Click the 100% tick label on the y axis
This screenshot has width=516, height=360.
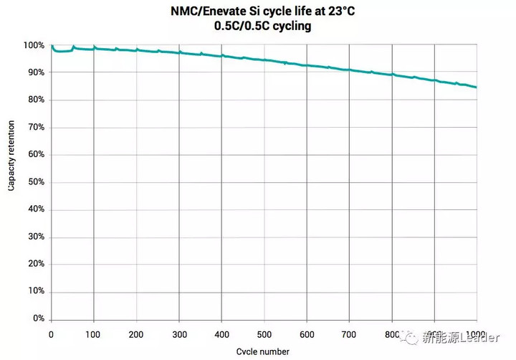point(34,46)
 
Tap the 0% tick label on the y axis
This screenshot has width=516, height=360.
point(38,318)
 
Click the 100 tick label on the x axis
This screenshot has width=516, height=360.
point(93,334)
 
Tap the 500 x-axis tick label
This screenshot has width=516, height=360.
point(264,334)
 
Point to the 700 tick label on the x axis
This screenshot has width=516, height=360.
point(349,334)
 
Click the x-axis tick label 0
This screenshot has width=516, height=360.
point(51,334)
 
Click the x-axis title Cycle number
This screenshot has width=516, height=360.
point(262,351)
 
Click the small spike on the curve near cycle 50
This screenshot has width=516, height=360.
point(73,47)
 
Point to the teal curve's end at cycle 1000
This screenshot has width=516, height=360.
point(477,87)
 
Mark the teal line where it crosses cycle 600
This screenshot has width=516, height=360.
point(307,65)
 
